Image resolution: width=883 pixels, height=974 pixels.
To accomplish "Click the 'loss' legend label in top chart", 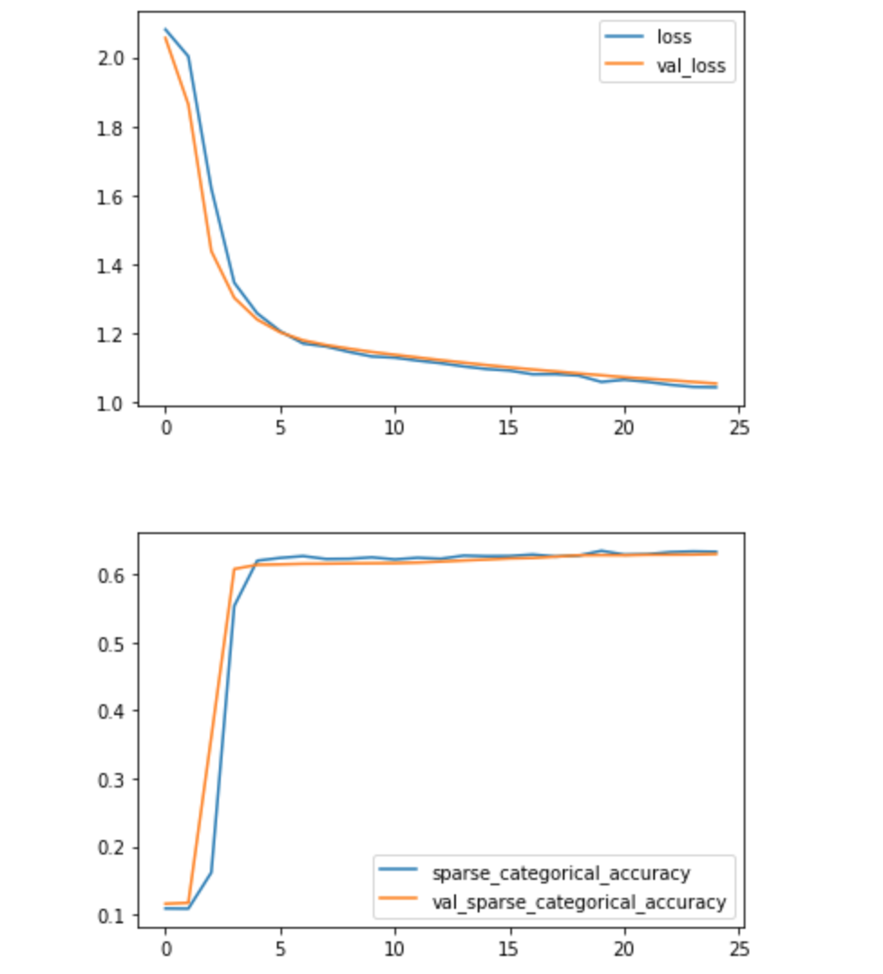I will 674,37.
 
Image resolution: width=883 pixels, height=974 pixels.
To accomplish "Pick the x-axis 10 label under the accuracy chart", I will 394,950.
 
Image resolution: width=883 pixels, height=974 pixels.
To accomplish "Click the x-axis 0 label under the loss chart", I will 166,426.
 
